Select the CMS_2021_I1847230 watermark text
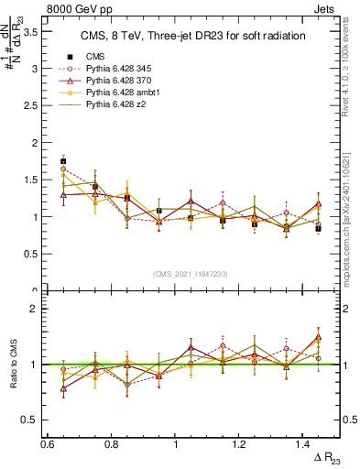click(x=191, y=274)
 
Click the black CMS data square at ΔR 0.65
click(x=63, y=161)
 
